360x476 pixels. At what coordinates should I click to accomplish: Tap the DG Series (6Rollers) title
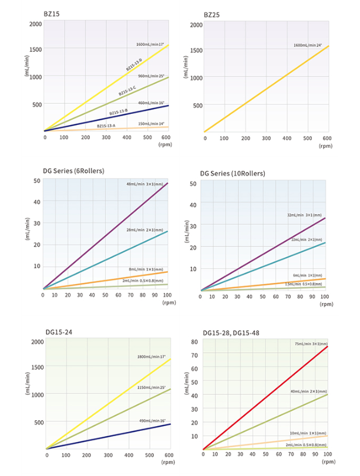[x=73, y=171]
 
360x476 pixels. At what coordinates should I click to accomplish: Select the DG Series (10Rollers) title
[x=232, y=173]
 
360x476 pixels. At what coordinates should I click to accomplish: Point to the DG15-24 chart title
[x=58, y=332]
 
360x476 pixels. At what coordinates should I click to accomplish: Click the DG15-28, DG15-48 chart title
[x=231, y=333]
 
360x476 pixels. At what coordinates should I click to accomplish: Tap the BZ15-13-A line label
[x=106, y=125]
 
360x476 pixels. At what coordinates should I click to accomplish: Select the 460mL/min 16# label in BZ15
[x=150, y=103]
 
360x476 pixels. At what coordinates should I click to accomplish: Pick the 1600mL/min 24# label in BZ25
[x=308, y=45]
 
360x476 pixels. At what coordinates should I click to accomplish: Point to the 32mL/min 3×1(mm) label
[x=305, y=214]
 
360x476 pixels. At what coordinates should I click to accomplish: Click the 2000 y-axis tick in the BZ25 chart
[x=195, y=25]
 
